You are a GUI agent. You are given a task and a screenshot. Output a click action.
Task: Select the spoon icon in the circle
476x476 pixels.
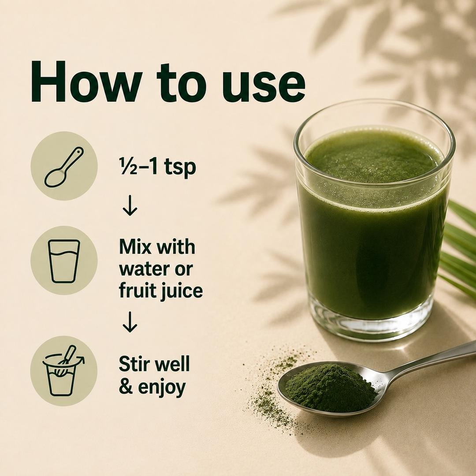coord(64,167)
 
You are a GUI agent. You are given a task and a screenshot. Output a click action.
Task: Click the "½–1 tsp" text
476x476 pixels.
coord(157,167)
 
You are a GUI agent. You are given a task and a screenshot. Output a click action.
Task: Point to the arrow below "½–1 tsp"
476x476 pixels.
coord(130,205)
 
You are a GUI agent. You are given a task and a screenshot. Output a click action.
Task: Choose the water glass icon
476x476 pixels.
coord(64,261)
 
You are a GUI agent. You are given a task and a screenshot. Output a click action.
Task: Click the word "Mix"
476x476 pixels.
coord(135,247)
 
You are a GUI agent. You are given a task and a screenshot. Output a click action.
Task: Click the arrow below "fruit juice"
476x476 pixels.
coord(130,322)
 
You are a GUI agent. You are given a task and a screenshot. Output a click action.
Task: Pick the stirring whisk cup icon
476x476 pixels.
coord(63,371)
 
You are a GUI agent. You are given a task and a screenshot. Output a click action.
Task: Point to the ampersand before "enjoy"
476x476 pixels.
coord(126,387)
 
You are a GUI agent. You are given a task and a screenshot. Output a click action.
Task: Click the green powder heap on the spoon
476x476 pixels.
coord(331,387)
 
